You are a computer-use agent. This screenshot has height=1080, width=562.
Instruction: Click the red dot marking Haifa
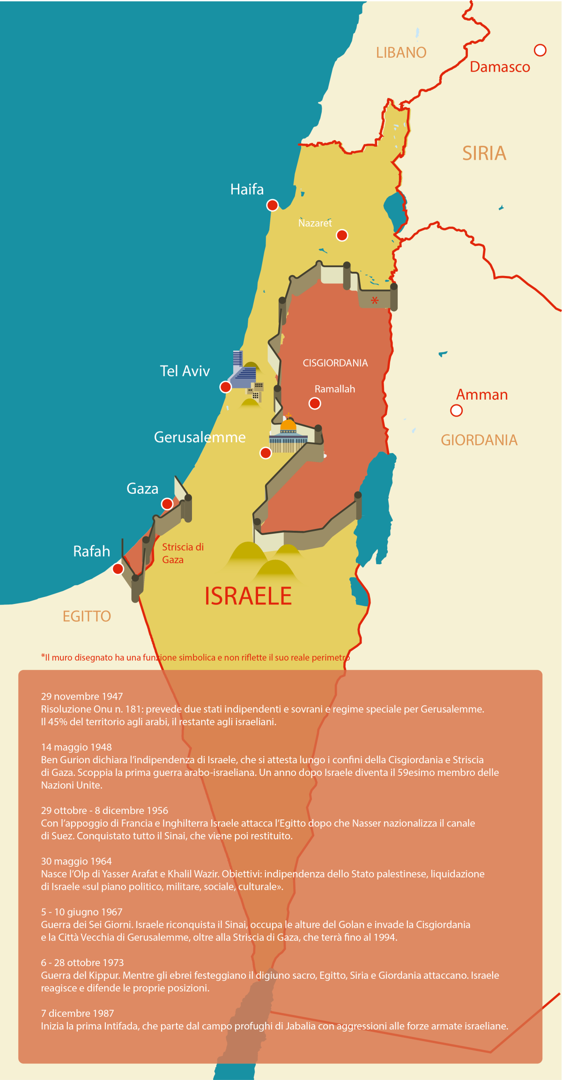pos(272,205)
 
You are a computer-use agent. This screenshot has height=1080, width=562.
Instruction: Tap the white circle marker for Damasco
pos(540,50)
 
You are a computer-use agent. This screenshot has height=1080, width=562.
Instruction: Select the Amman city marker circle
pos(456,410)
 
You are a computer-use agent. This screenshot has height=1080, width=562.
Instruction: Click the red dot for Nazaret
pos(342,235)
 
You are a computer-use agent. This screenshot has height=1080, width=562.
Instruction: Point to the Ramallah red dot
pos(315,403)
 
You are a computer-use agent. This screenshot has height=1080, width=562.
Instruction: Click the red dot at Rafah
pos(118,569)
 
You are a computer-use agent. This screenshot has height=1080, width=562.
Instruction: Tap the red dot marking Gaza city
pos(167,504)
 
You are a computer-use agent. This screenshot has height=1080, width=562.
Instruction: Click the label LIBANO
pos(401,52)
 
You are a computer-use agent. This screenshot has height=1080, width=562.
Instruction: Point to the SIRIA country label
pos(484,153)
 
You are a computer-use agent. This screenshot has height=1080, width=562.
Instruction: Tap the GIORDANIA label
pos(479,440)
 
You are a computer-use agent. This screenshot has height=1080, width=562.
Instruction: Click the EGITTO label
pos(87,616)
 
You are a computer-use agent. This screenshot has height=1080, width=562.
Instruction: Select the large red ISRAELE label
pos(248,596)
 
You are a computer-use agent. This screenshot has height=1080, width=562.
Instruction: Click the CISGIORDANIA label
pos(335,363)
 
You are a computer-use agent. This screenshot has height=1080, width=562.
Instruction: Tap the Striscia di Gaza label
pos(182,553)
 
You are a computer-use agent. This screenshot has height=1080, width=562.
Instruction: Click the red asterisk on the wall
pos(375,301)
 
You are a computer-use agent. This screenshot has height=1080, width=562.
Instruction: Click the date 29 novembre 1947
pos(81,696)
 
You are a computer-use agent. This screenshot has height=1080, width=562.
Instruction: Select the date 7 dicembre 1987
pos(77,1013)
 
